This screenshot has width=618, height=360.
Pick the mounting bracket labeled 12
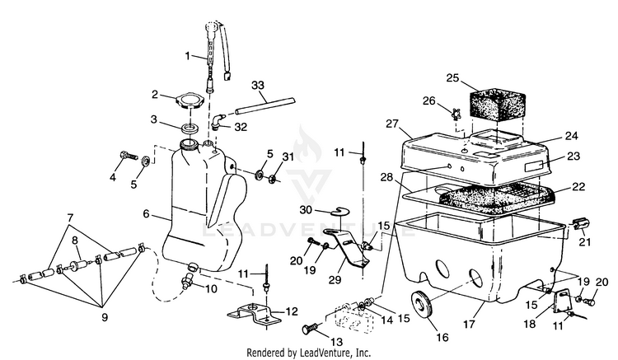pos(255,315)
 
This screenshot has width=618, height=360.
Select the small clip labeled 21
pos(579,225)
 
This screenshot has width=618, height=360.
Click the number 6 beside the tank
pos(146,214)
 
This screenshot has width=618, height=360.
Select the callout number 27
pos(392,124)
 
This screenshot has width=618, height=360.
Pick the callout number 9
pos(105,317)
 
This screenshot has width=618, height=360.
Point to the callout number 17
pos(469,324)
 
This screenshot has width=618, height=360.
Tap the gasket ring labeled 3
pos(190,129)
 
